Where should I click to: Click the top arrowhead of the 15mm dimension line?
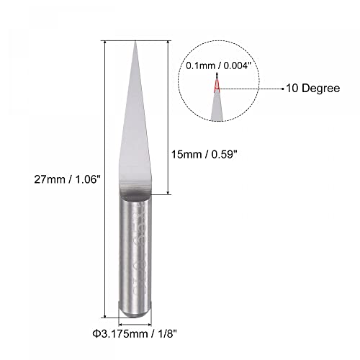tap(169, 42)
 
